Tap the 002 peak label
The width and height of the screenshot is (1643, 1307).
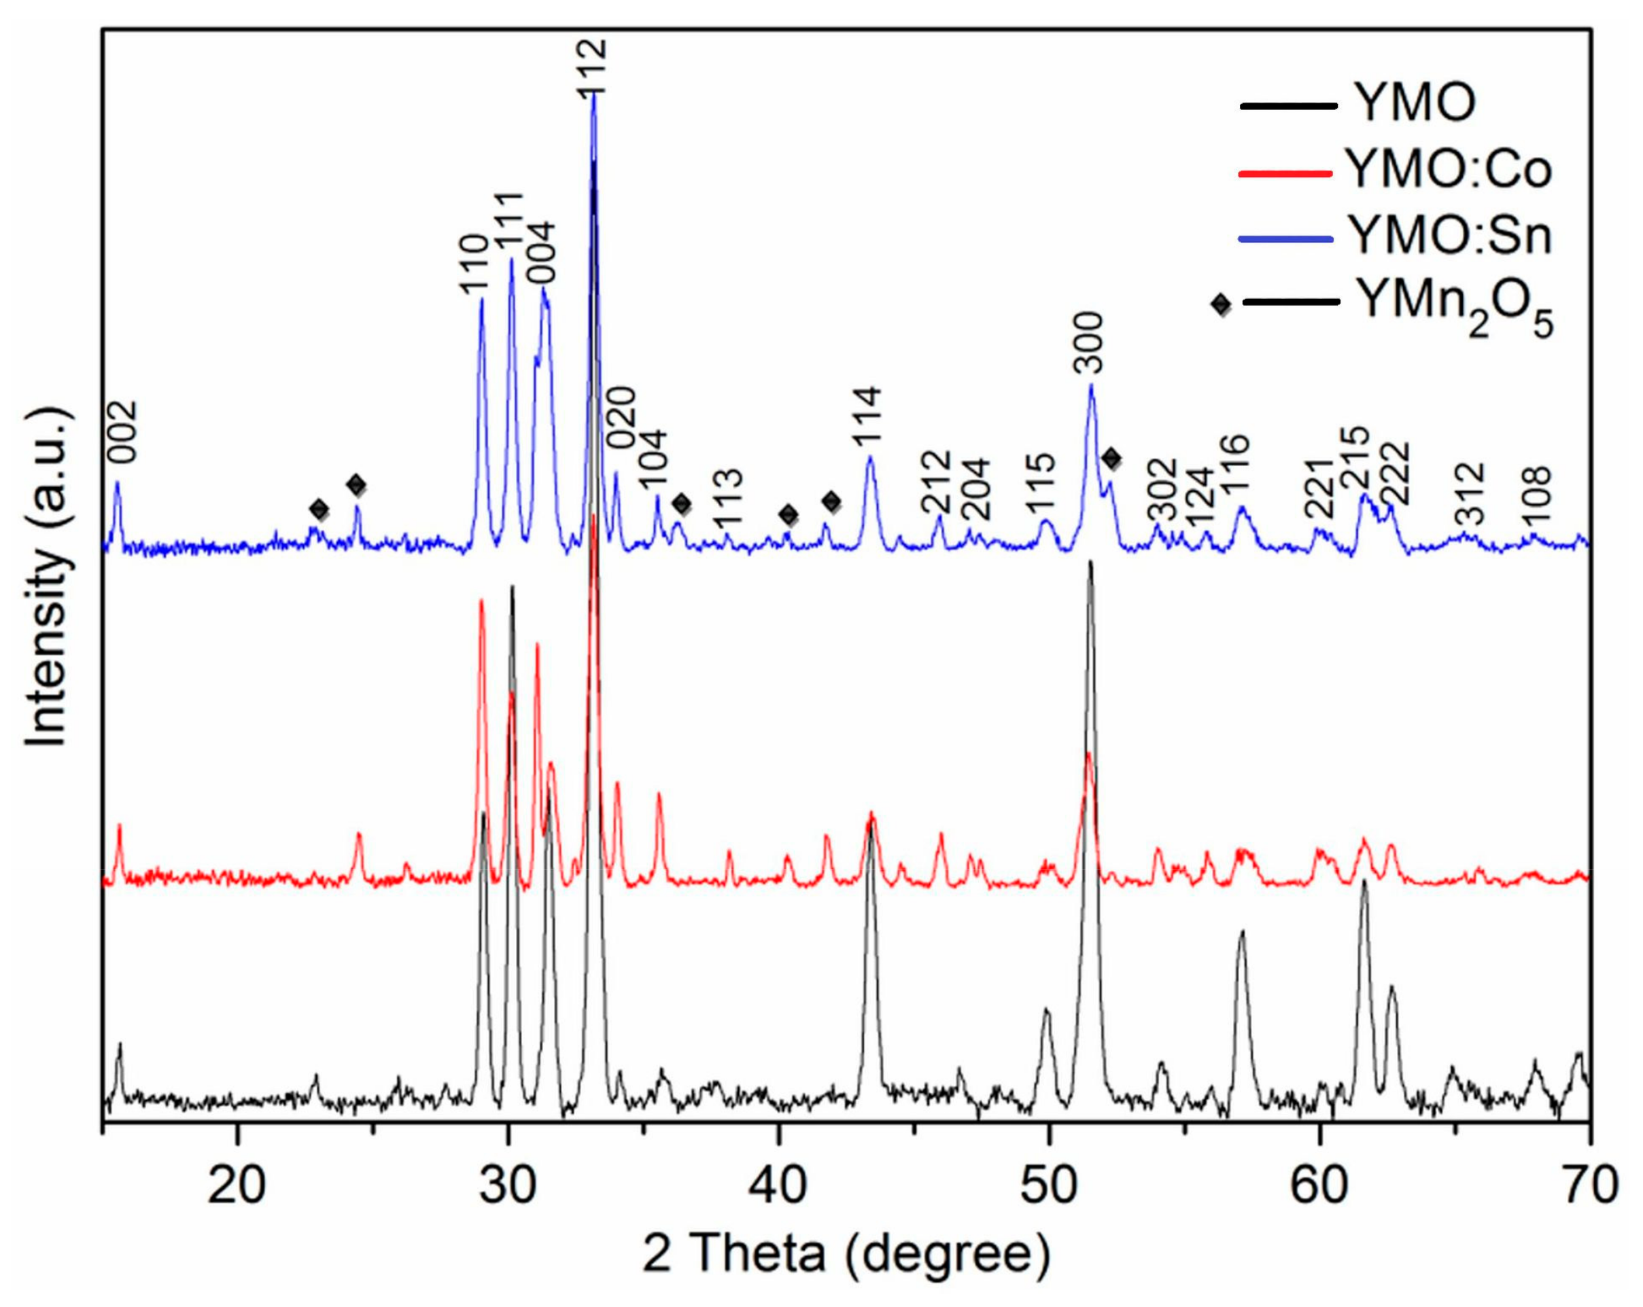[x=122, y=432]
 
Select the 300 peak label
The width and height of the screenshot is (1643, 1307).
[x=1087, y=343]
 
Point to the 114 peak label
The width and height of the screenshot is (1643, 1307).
[x=867, y=416]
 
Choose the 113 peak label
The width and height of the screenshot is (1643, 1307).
[x=728, y=499]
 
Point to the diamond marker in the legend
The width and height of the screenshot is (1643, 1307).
[x=1221, y=304]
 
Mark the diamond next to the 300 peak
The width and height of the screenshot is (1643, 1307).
[x=1112, y=458]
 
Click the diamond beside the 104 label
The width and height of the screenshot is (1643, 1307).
[x=682, y=503]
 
